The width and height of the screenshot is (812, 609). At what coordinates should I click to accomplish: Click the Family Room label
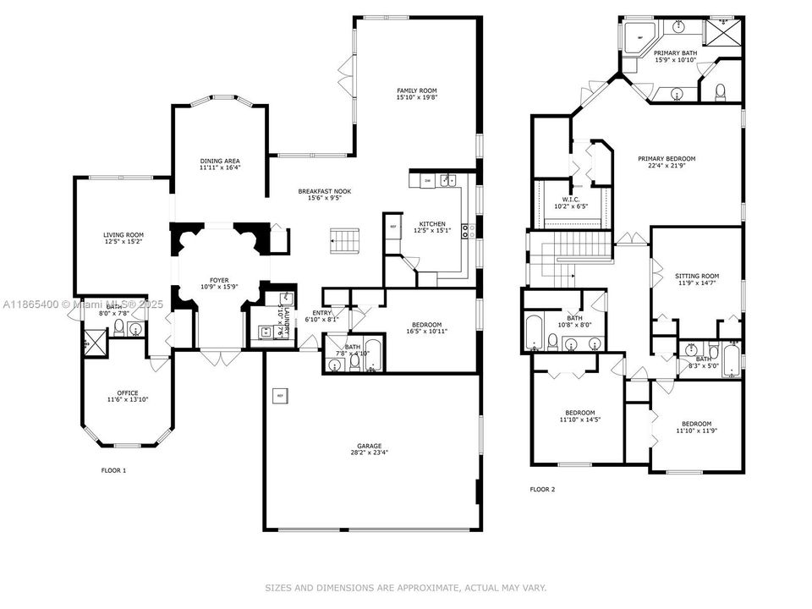[x=417, y=91]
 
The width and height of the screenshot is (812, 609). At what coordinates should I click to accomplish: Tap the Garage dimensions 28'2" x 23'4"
[x=369, y=453]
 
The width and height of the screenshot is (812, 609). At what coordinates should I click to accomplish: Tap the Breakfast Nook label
[x=324, y=191]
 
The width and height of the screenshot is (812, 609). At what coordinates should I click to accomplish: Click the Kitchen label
[x=430, y=224]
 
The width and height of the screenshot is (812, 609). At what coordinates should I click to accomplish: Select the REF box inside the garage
[x=279, y=395]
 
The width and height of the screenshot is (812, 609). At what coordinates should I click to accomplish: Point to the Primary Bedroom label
[x=667, y=158]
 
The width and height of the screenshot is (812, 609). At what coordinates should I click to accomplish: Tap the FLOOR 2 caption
[x=543, y=489]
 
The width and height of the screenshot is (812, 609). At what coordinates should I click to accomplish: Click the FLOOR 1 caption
[x=113, y=470]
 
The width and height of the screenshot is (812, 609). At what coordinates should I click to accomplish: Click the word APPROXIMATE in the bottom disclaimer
[x=429, y=587]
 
